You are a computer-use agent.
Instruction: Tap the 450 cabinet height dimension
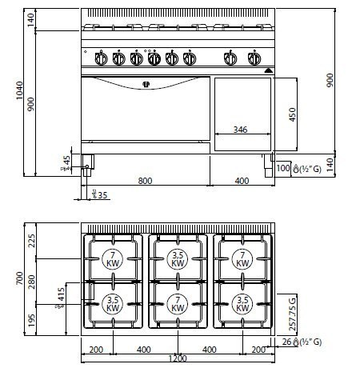[293, 114]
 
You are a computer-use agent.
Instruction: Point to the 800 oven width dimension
[145, 181]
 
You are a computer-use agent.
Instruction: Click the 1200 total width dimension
[178, 358]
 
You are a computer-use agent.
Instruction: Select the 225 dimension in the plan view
[32, 241]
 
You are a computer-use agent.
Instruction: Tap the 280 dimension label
[32, 282]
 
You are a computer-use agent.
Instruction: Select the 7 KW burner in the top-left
[113, 258]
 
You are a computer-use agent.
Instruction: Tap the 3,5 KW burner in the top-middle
[178, 258]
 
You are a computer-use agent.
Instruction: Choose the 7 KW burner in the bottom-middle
[178, 303]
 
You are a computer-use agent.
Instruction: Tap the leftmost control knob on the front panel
[101, 58]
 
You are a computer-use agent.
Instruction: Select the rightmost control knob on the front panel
[255, 58]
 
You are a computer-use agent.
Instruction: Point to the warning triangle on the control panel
[269, 69]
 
